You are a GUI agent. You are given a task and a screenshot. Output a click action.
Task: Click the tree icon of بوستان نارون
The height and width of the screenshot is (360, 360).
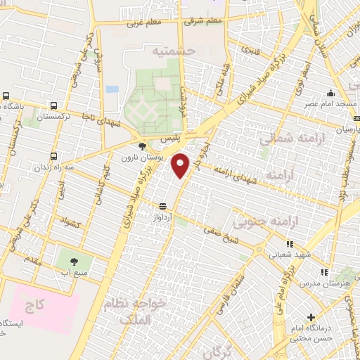point(143,146)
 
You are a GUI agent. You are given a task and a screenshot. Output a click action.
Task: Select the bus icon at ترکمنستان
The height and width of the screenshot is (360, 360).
point(6,96)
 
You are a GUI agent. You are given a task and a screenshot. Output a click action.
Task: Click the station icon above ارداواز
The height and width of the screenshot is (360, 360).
point(163,206)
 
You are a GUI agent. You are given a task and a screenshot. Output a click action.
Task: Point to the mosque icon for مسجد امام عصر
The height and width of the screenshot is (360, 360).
point(330,93)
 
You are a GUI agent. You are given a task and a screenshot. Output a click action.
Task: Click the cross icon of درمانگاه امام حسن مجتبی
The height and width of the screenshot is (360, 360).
point(311,318)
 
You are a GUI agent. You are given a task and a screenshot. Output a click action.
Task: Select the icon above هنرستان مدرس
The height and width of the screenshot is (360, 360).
point(323,271)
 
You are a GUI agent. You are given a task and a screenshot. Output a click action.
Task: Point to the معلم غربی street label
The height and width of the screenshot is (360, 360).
point(145,23)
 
